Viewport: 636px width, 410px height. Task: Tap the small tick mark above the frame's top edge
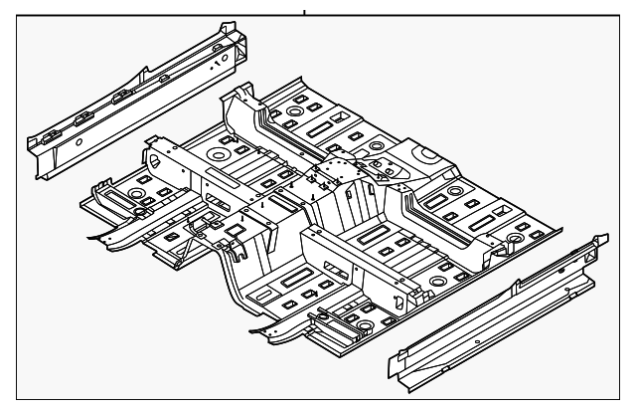pyautogui.click(x=304, y=12)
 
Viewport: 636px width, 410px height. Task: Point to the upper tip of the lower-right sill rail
pyautogui.click(x=599, y=239)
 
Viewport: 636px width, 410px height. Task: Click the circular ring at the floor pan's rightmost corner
pyautogui.click(x=517, y=239)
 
